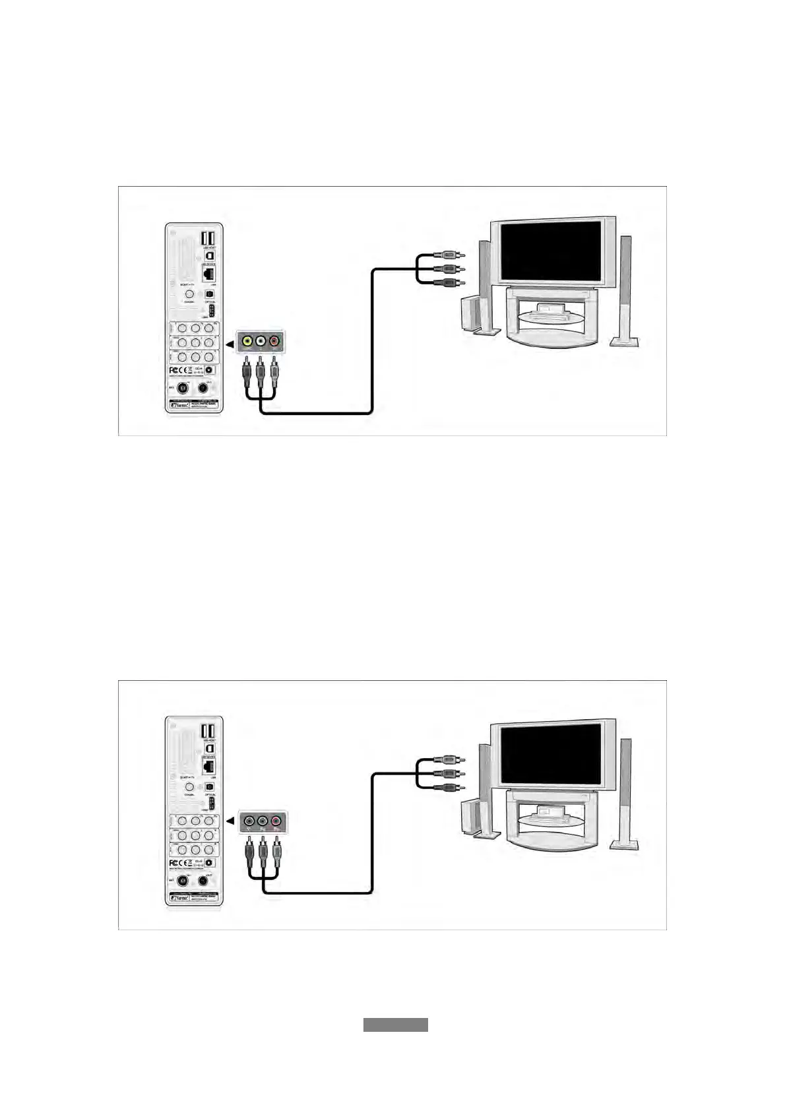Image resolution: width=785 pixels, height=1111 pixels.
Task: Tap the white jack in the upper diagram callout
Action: pyautogui.click(x=261, y=341)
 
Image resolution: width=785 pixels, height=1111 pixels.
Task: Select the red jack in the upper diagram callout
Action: pyautogui.click(x=275, y=341)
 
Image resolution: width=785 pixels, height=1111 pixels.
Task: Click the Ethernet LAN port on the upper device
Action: pyautogui.click(x=209, y=272)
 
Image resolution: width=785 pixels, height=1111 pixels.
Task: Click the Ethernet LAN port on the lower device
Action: pyautogui.click(x=208, y=767)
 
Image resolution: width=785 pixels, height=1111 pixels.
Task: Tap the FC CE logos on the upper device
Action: pyautogui.click(x=180, y=371)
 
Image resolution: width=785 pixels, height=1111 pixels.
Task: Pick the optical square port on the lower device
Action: pyautogui.click(x=209, y=787)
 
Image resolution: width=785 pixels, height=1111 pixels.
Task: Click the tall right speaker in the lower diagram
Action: pyautogui.click(x=624, y=792)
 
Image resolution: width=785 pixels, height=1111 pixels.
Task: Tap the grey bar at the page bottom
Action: pyautogui.click(x=395, y=1025)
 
